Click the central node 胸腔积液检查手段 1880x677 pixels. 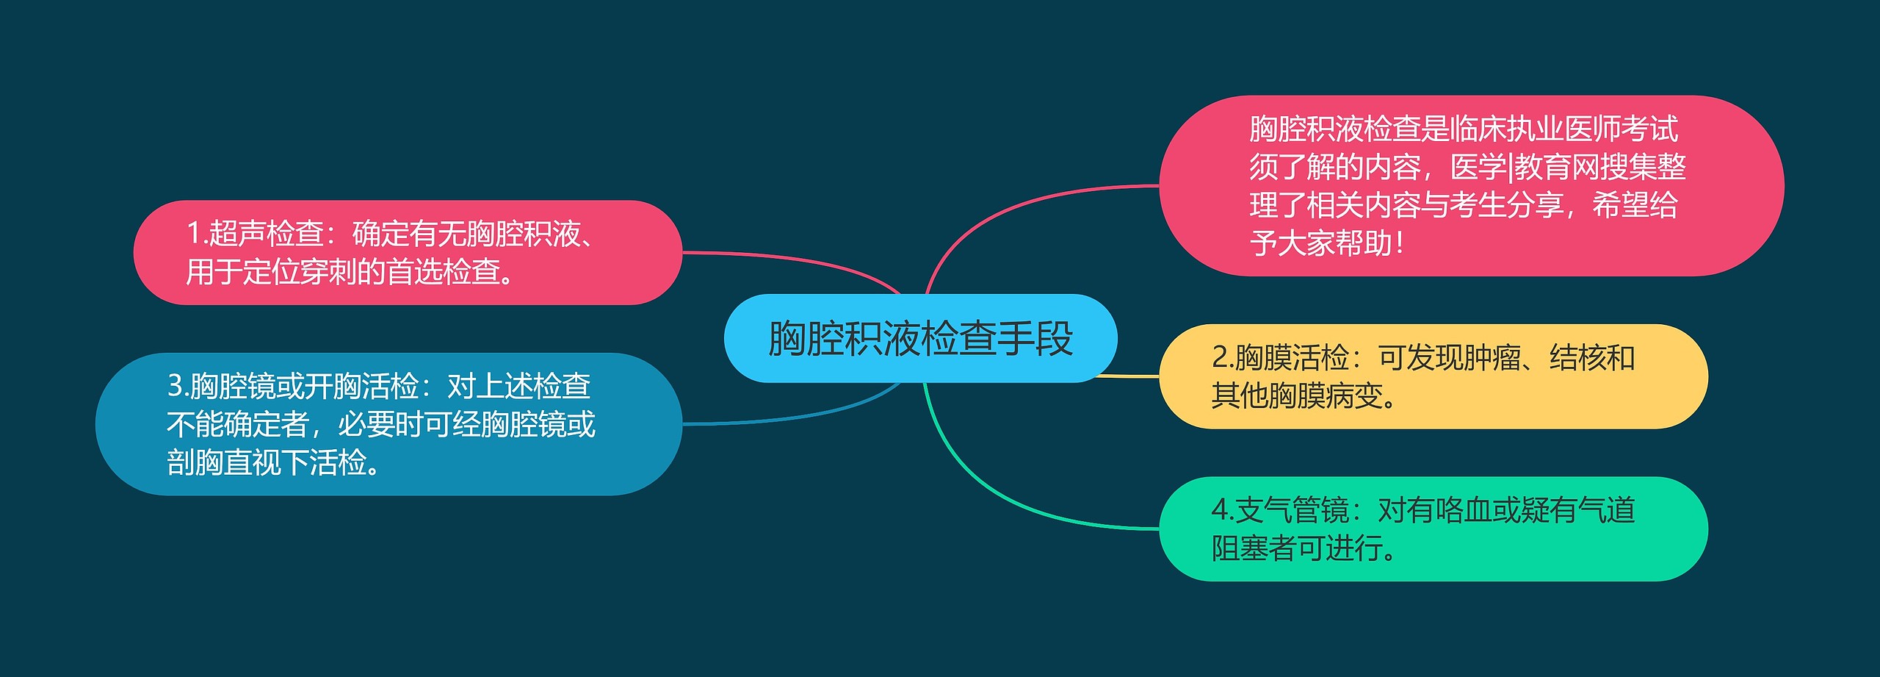click(920, 338)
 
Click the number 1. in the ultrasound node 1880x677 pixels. click(197, 234)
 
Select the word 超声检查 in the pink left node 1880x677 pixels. click(267, 234)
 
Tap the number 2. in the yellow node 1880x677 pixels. click(1222, 358)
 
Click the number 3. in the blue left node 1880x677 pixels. click(178, 386)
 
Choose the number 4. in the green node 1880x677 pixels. click(1222, 510)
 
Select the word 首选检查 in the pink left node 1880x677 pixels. click(444, 272)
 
